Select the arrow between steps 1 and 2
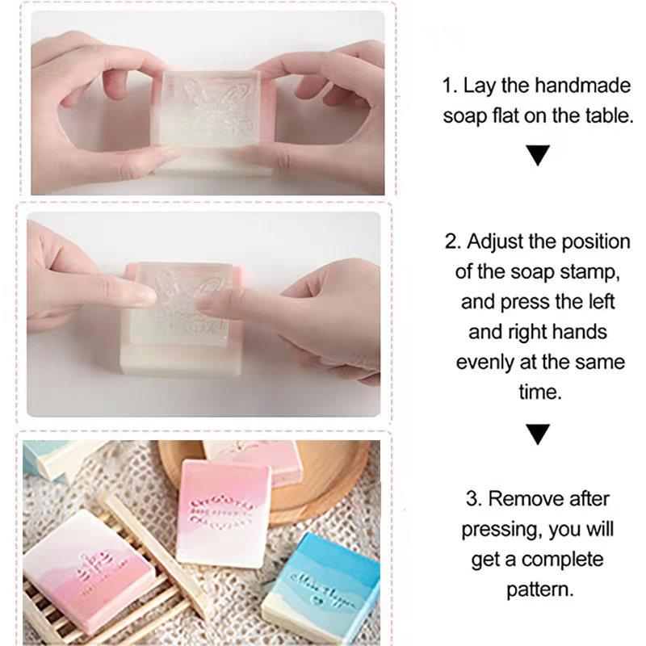(537, 154)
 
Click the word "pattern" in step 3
(540, 589)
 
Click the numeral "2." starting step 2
(453, 241)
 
